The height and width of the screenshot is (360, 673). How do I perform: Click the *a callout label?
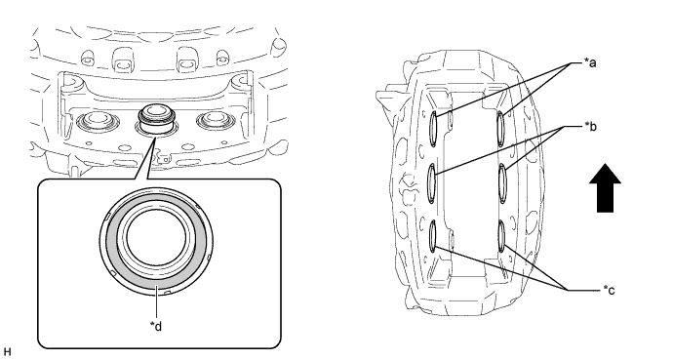(590, 63)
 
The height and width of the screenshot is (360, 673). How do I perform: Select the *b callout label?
(590, 127)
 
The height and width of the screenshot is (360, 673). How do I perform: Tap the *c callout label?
(609, 291)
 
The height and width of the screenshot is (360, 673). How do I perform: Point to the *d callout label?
(156, 327)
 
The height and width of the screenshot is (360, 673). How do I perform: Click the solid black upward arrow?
(605, 188)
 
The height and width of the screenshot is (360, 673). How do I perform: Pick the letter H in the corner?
(7, 353)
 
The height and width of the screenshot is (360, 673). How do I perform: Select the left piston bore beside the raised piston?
(95, 121)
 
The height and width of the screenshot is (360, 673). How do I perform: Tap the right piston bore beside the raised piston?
(214, 121)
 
